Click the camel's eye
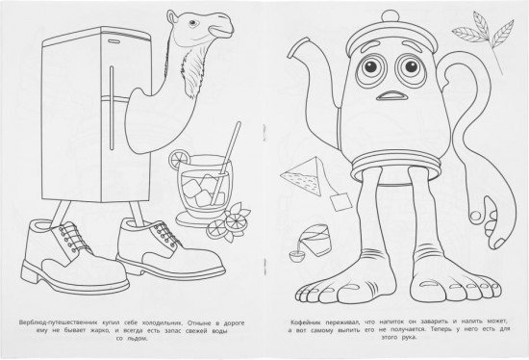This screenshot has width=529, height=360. click(192, 23)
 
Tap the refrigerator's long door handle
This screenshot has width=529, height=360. click(112, 108)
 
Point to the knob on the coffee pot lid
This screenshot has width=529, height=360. click(390, 17)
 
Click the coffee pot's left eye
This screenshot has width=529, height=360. click(371, 66)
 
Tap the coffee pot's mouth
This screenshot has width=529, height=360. click(393, 96)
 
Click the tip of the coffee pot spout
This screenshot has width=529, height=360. click(291, 50)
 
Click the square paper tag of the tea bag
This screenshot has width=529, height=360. click(340, 201)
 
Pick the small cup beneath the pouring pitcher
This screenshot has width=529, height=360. click(296, 255)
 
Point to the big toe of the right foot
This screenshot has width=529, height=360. click(420, 290)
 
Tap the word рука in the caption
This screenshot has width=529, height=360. click(409, 337)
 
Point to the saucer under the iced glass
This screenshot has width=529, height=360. click(199, 219)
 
